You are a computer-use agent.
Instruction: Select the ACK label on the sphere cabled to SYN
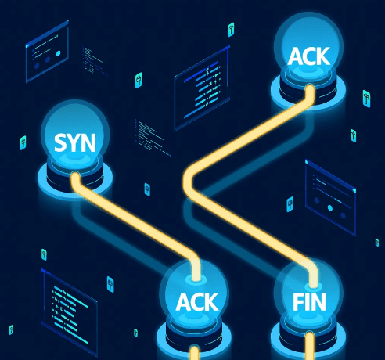tap(197, 301)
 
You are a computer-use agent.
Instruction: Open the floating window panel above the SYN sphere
tap(51, 51)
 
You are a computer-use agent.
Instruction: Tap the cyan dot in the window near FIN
tap(331, 208)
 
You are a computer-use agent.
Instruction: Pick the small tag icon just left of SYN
tap(23, 143)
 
